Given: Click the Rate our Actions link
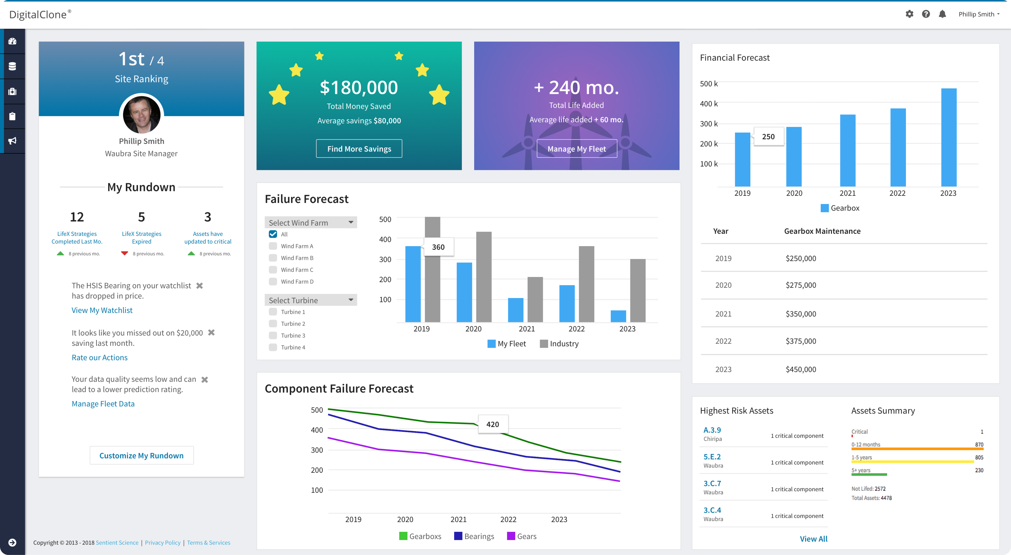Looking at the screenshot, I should pos(99,357).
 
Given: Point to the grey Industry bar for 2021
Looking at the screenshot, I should pos(535,299).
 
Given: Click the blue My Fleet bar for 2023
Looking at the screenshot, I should pos(618,316).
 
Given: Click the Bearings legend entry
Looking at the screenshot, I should pos(474,536).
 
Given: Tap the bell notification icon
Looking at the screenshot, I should pos(942,14).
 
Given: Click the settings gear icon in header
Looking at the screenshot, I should pos(909,14).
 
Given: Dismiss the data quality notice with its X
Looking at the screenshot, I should pos(205,380).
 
